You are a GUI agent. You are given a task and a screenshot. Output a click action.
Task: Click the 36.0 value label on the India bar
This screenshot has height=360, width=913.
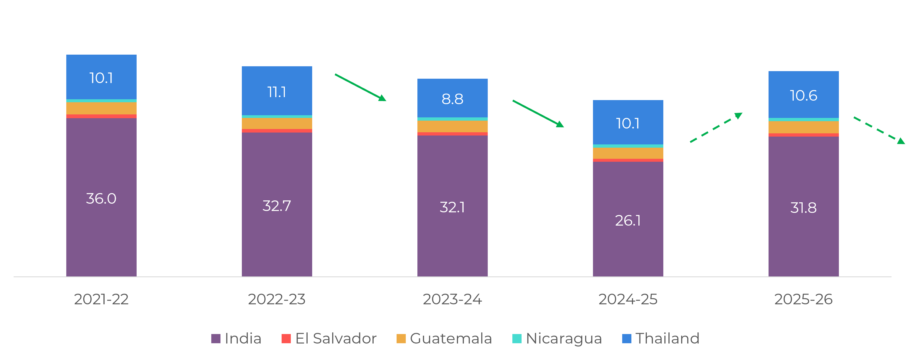pos(101,199)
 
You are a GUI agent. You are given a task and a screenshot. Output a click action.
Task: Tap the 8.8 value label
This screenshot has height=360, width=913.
pos(452,99)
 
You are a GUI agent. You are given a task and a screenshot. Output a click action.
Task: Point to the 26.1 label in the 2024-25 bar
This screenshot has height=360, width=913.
pos(628,221)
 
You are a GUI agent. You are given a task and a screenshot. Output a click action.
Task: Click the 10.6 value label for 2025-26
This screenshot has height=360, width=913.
pos(803,95)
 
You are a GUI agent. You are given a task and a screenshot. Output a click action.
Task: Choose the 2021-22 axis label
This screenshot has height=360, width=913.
pos(101,299)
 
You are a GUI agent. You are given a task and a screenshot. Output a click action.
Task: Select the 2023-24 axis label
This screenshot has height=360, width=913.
pos(452,299)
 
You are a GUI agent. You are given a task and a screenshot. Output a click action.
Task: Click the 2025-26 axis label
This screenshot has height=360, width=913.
pos(803,299)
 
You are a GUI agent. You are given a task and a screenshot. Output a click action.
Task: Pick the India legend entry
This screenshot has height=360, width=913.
pos(236,338)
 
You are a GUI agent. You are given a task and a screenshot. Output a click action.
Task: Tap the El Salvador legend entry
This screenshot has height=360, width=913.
pos(329,338)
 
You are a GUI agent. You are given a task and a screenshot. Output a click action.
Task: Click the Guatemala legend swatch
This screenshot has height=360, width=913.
pos(401,339)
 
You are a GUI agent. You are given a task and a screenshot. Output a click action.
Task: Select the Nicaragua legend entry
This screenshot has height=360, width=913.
pos(557,338)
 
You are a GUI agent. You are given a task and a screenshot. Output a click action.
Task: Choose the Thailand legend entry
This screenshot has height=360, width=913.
pos(661,338)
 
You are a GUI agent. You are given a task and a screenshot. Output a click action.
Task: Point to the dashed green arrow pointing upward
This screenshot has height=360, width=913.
pos(716,128)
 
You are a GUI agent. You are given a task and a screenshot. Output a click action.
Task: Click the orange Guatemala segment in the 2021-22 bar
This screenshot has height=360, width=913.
pos(101,108)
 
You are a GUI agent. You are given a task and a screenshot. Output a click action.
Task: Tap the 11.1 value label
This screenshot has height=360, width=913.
pos(277,92)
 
